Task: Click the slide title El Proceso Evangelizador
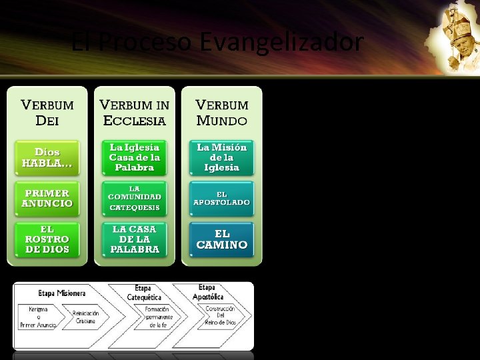(x=217, y=43)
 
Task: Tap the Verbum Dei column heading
(x=47, y=113)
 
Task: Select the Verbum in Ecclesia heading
(x=134, y=113)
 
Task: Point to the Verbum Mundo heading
(x=222, y=113)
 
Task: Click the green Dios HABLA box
(x=47, y=157)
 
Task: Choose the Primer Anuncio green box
(x=47, y=198)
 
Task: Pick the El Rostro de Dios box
(x=47, y=239)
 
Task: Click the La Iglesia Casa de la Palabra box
(x=134, y=157)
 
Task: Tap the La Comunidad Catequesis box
(x=134, y=198)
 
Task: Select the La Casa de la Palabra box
(x=134, y=239)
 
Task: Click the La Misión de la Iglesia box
(x=222, y=157)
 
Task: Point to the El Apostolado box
(x=222, y=198)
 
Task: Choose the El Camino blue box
(x=222, y=239)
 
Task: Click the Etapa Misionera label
(x=61, y=293)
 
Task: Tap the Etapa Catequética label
(x=144, y=293)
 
